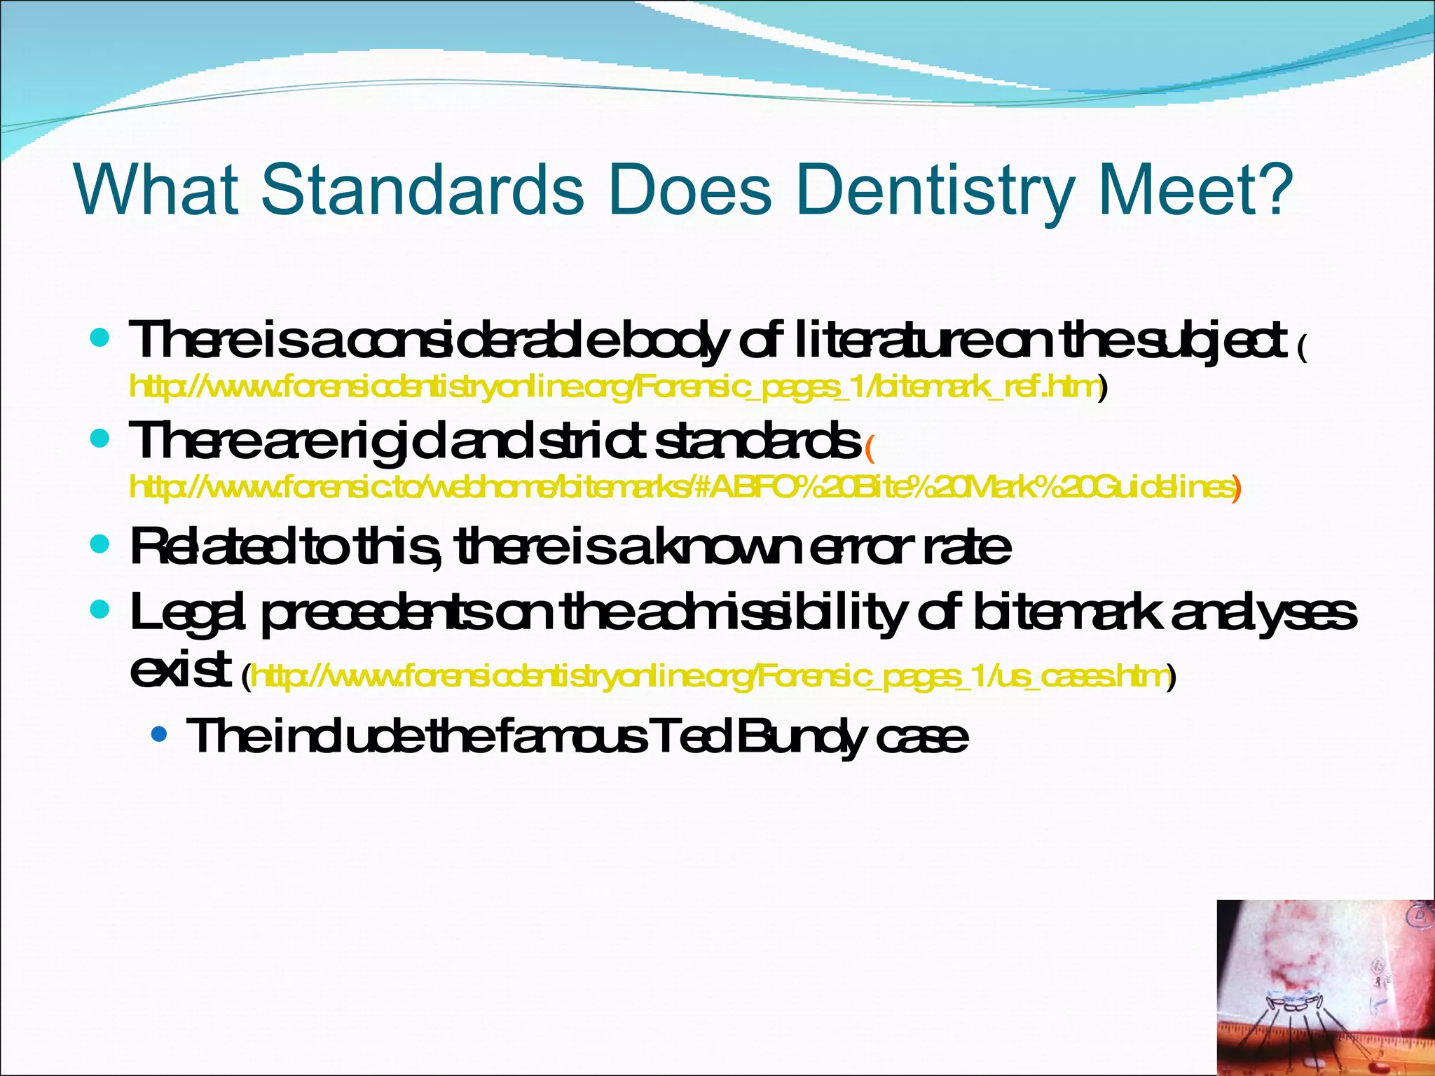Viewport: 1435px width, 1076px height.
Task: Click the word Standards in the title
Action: pyautogui.click(x=423, y=190)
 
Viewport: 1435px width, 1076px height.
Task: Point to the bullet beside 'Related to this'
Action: pyautogui.click(x=101, y=544)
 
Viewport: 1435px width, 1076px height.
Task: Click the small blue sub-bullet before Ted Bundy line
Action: pyautogui.click(x=160, y=736)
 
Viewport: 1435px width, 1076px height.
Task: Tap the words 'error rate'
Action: pyautogui.click(x=910, y=548)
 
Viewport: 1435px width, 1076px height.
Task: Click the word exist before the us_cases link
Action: pyautogui.click(x=180, y=671)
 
